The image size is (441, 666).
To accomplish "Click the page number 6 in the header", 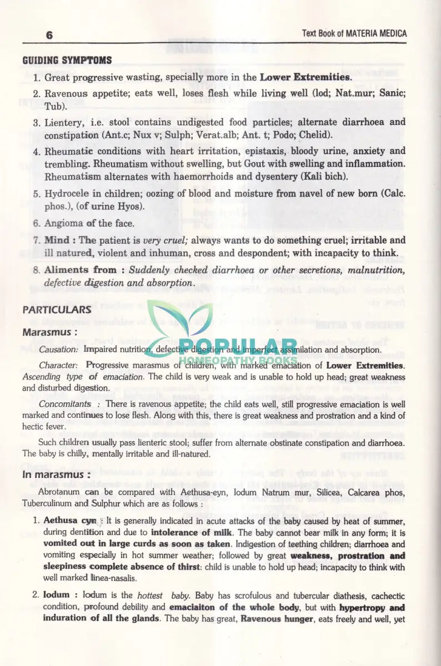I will pos(49,35).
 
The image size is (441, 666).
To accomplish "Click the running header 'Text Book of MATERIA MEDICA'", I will pos(354,33).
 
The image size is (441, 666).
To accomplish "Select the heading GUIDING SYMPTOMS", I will pos(67,60).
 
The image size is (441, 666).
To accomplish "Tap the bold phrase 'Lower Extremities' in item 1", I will pos(305,77).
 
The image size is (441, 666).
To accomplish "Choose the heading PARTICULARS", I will pos(57,310).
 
